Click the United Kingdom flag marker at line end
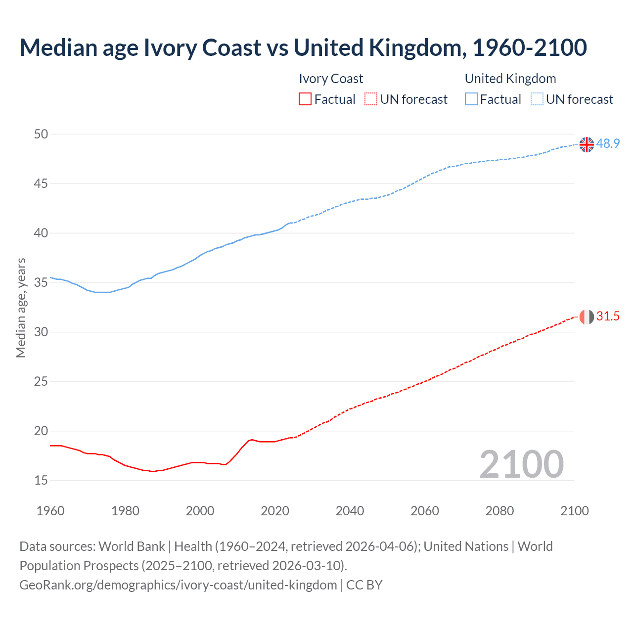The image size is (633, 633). point(587,144)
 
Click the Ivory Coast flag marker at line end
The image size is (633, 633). point(587,316)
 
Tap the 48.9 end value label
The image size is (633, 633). point(608,144)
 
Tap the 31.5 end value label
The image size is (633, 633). point(608,316)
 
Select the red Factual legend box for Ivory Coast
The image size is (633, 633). point(305,99)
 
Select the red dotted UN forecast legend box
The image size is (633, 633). point(371,99)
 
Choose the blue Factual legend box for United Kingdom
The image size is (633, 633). point(471,99)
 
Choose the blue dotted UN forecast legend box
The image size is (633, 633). point(537,99)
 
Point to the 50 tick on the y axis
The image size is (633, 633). point(42,134)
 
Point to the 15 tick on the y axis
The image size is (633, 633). point(42,480)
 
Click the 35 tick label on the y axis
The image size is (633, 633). point(42,282)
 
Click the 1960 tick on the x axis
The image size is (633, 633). point(50,511)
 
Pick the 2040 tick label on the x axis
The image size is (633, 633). point(350,511)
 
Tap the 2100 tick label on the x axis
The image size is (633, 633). point(574,511)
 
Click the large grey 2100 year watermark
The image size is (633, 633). point(521,464)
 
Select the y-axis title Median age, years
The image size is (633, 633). point(21,308)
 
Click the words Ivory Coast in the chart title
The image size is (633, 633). point(202,47)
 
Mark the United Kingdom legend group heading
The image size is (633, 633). point(510,79)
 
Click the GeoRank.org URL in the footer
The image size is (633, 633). point(178,585)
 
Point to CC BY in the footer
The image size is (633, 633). point(364,585)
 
